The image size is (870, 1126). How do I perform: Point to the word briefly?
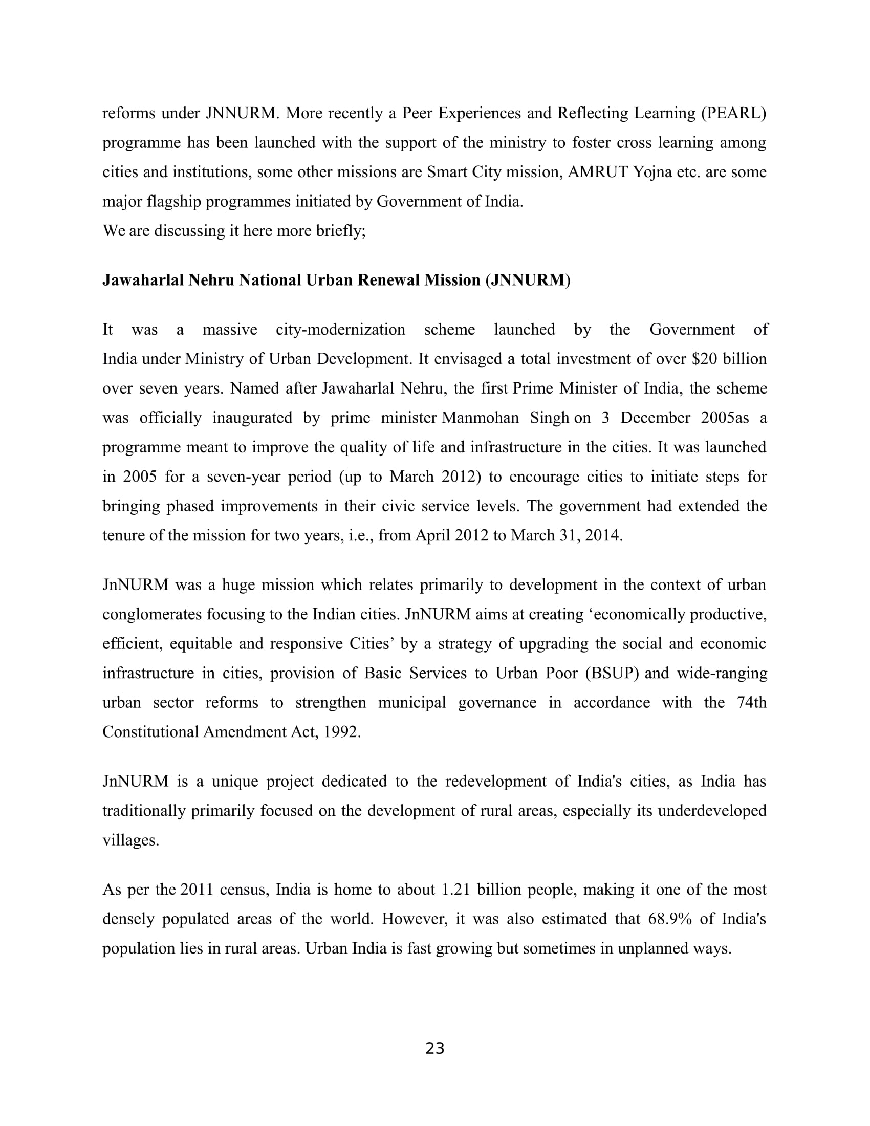[x=341, y=231]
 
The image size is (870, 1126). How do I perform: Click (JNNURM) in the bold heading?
[x=528, y=280]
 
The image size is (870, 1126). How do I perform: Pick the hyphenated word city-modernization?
[x=340, y=330]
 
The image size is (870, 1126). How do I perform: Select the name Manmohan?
[x=481, y=418]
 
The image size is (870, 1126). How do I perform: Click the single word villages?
[x=131, y=840]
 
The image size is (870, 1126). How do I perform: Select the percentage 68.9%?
[x=669, y=919]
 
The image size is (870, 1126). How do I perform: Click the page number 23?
[x=435, y=1049]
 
